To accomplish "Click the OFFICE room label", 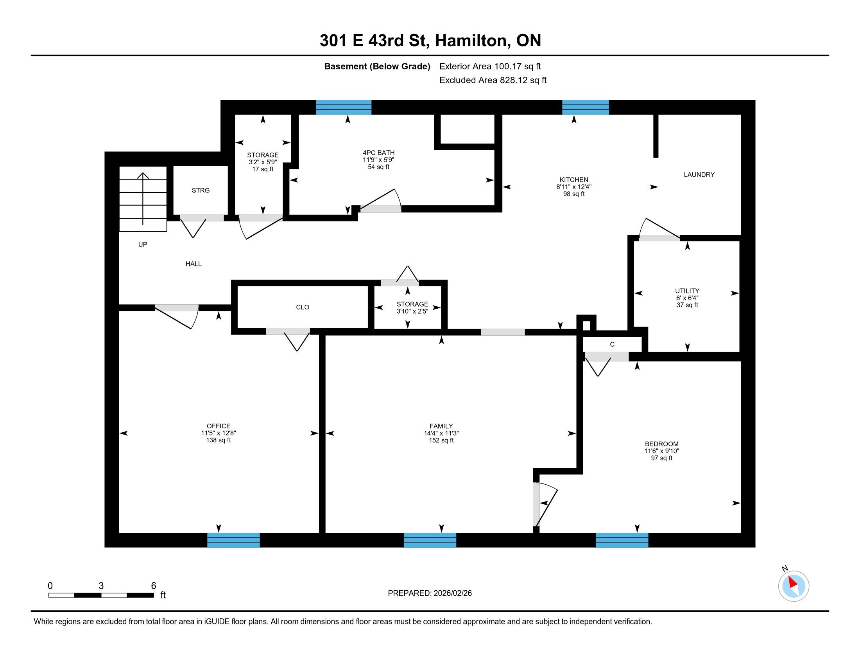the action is pos(219,426).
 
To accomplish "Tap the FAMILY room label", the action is pos(441,426).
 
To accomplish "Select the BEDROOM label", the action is pos(661,444).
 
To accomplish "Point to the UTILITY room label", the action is pos(687,291).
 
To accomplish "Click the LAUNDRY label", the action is pos(699,174).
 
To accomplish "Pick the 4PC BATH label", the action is pos(378,153).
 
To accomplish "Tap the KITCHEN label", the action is pos(574,180).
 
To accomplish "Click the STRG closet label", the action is pos(201,190).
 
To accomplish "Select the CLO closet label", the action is pos(303,307).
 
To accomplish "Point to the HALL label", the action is pos(193,264).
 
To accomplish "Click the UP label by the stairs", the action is pos(143,244).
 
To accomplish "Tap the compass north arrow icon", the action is pos(794,586).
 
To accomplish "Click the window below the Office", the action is pos(233,540).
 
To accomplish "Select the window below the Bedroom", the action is pos(622,540).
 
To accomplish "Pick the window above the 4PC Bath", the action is pos(344,108).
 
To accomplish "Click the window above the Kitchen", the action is pos(585,108).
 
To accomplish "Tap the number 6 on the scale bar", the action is pos(154,586).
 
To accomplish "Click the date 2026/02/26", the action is pos(452,593).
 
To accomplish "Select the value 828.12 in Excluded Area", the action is pos(514,80).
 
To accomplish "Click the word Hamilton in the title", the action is pos(471,41).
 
